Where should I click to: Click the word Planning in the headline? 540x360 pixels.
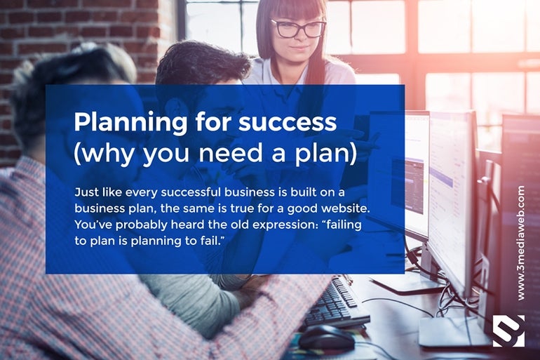(x=131, y=123)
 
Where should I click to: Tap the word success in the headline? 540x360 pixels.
(x=288, y=123)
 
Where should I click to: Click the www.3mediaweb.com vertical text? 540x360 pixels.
(x=520, y=244)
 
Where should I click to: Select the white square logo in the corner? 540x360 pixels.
(x=508, y=331)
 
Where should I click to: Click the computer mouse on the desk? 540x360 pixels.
(x=326, y=338)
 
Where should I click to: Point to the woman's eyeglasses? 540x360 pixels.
(x=298, y=28)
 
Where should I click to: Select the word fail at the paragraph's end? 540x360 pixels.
(x=210, y=241)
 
